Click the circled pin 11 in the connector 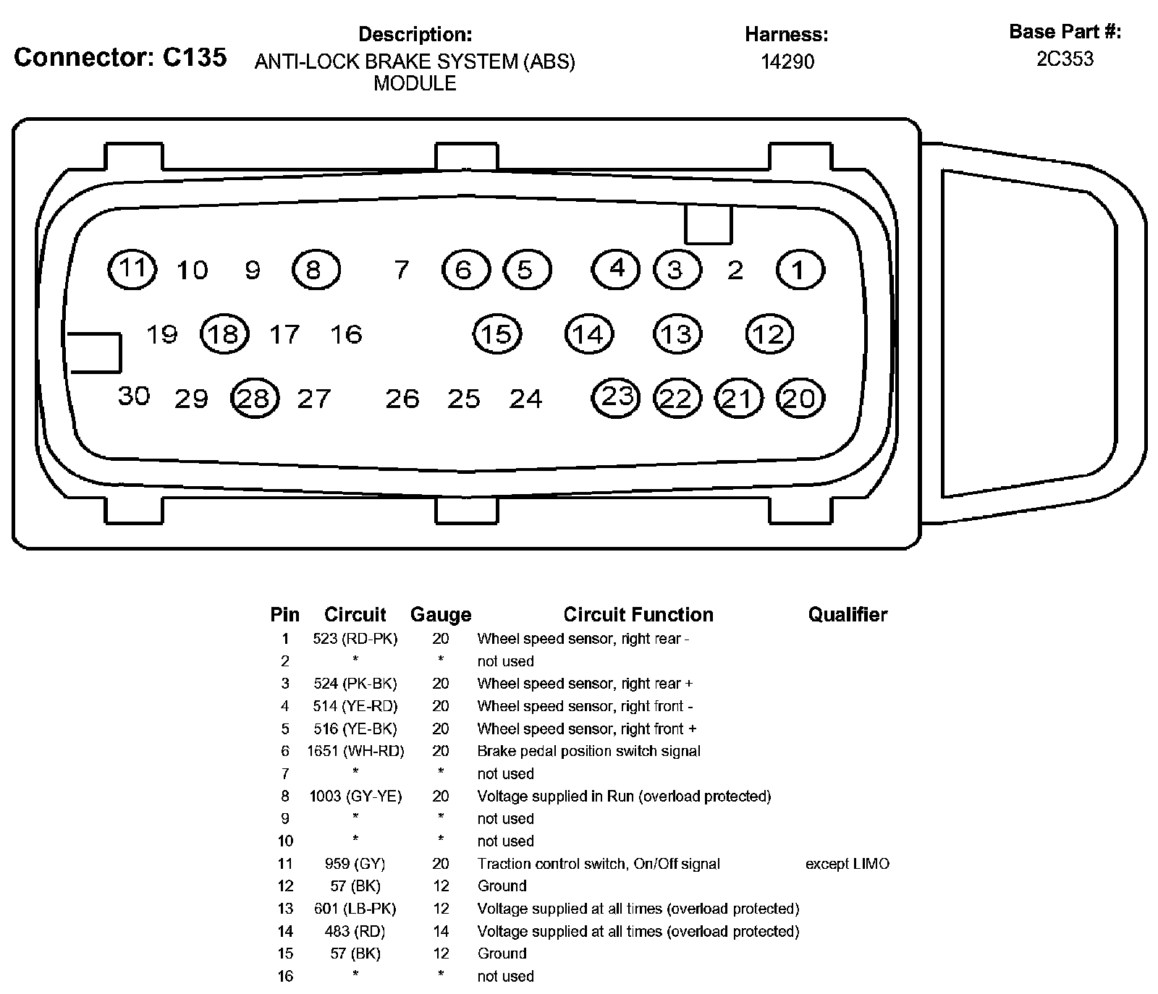tap(132, 269)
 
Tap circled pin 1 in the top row tap(800, 270)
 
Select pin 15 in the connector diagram tap(496, 334)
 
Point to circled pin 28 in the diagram tap(254, 399)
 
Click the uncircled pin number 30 tap(134, 396)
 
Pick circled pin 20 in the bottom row tap(800, 399)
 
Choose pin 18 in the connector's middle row tap(224, 334)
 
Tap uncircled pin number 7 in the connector tap(402, 270)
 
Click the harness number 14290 tap(787, 61)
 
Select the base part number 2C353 tap(1065, 59)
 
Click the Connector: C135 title tap(120, 57)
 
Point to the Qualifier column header tap(848, 615)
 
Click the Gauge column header tap(441, 615)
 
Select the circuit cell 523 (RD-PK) tap(355, 639)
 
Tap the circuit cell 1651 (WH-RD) tap(355, 751)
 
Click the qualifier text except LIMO tap(848, 864)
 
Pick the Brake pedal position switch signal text tap(588, 751)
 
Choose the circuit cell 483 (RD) tap(355, 931)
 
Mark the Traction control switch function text tap(599, 864)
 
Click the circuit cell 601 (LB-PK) tap(355, 909)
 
